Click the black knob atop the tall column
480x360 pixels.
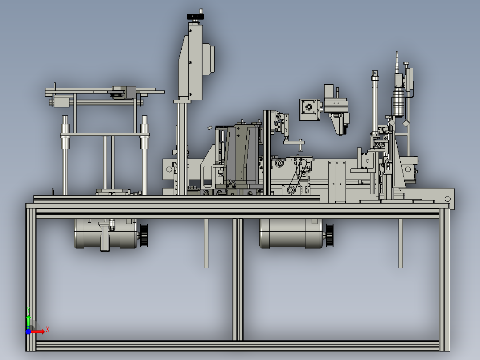click(195, 16)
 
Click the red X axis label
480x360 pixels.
click(48, 330)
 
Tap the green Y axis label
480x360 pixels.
click(28, 310)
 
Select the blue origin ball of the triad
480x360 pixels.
click(28, 332)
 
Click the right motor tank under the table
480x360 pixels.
click(291, 233)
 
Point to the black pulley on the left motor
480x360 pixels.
click(144, 235)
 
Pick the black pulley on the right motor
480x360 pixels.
click(329, 235)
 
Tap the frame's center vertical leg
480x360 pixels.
click(238, 279)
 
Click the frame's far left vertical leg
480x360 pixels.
click(31, 277)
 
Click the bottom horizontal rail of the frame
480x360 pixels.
click(238, 346)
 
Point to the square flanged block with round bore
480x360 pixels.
click(309, 110)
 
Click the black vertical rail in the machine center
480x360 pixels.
click(267, 152)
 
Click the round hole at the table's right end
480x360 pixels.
click(447, 199)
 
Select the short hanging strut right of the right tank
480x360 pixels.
click(401, 243)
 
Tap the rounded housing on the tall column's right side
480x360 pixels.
click(208, 59)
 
